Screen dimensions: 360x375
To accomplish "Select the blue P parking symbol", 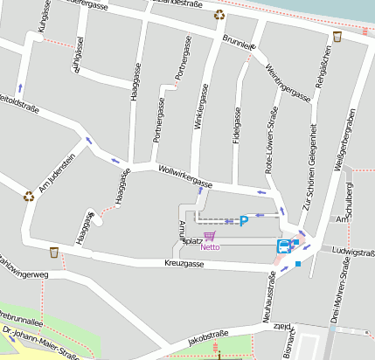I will pyautogui.click(x=244, y=222).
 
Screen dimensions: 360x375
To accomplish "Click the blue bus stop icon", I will pyautogui.click(x=284, y=246).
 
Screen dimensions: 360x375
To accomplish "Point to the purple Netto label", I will pyautogui.click(x=210, y=246).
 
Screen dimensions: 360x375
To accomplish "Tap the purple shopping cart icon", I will pyautogui.click(x=209, y=236).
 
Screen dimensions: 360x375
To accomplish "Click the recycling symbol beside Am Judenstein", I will pyautogui.click(x=28, y=196).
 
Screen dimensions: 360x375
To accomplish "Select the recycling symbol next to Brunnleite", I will pyautogui.click(x=219, y=15).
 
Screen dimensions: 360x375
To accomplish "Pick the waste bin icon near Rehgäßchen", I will pyautogui.click(x=337, y=37).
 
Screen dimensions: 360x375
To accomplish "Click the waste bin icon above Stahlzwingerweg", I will pyautogui.click(x=54, y=253).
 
